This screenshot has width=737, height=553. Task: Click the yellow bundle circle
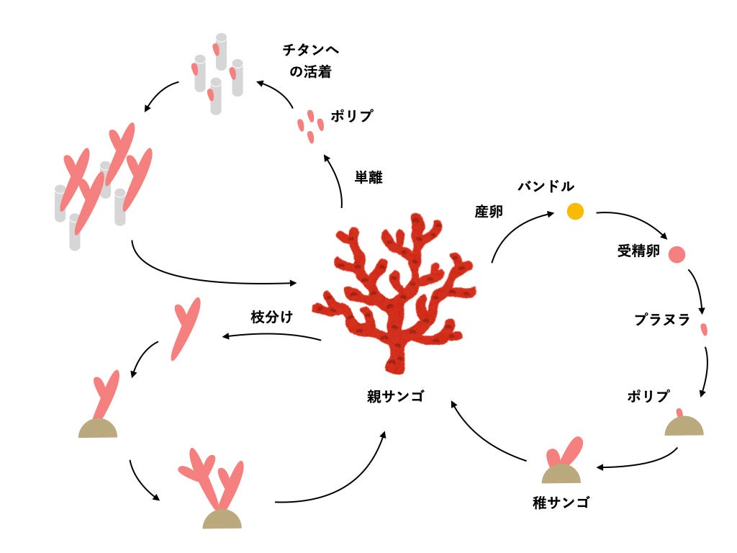[574, 211]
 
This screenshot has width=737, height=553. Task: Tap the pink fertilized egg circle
[677, 254]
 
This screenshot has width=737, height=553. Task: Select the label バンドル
[546, 186]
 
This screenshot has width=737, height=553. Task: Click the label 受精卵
[638, 251]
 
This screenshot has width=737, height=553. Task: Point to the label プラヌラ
[661, 320]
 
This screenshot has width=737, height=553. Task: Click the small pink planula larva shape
[704, 330]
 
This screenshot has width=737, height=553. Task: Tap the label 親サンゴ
[396, 397]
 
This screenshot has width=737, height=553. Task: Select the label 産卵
[489, 212]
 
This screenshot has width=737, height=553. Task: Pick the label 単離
[368, 177]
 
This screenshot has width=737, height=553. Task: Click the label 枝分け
[272, 317]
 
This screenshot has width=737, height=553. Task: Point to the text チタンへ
[309, 50]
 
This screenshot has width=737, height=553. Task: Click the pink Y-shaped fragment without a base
[184, 328]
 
